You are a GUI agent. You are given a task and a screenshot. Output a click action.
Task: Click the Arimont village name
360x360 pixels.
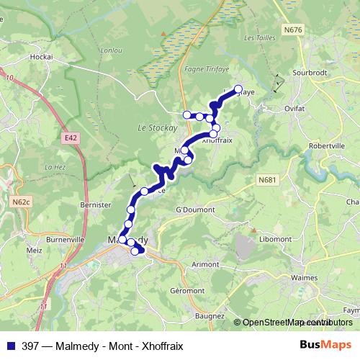206,264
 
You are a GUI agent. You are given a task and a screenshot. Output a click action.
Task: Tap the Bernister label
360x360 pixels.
96,205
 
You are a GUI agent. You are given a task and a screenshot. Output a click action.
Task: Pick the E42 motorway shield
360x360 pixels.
70,137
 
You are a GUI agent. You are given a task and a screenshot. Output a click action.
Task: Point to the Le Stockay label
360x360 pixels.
152,127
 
